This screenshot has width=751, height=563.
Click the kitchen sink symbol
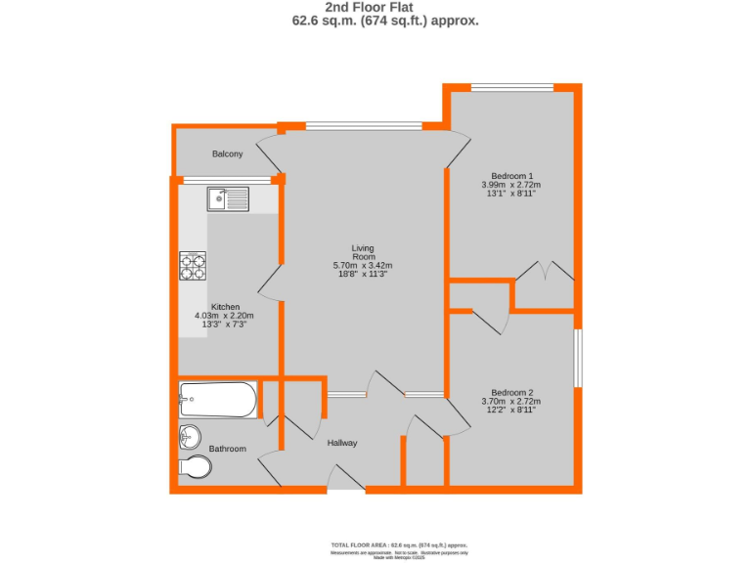pos(228,199)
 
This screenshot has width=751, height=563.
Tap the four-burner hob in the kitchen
pos(193,266)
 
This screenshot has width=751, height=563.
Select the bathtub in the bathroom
pos(218,400)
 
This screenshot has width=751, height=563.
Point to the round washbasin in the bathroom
pos(190,435)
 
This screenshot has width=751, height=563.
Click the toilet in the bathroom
pos(196,467)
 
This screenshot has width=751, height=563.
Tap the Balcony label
pos(228,154)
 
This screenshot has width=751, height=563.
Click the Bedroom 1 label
pos(511,176)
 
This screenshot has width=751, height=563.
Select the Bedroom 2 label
pos(511,393)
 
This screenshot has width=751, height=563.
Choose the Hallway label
pos(342,443)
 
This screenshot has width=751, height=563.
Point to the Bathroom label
pos(227,449)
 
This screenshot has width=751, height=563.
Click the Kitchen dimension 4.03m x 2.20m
pos(225,316)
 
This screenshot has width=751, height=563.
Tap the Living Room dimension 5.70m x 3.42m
pos(363,265)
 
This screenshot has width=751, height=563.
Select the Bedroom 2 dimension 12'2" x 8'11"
pos(510,411)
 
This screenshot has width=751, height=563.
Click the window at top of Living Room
pos(364,125)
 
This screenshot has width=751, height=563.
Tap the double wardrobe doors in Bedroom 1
pos(545,271)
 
